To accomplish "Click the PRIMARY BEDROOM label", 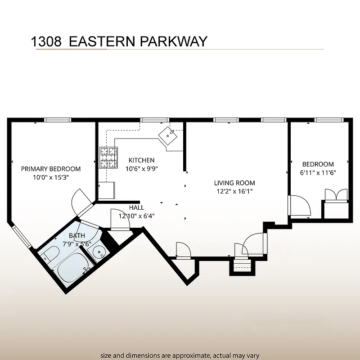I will click(x=51, y=169).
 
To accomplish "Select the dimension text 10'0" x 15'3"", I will click(x=51, y=177).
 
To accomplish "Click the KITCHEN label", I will click(x=141, y=160).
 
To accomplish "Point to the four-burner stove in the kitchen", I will click(x=108, y=157).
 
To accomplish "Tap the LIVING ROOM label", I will click(x=234, y=183).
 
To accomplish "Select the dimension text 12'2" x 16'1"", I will click(x=234, y=191).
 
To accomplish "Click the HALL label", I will click(x=136, y=207).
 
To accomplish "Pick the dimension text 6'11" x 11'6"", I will click(x=318, y=172).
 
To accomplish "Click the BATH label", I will click(x=76, y=235).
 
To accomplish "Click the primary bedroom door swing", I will click(x=81, y=201).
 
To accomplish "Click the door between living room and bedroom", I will click(x=299, y=207).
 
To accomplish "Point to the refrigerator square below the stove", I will click(x=107, y=190).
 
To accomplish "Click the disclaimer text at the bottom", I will click(x=180, y=355).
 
